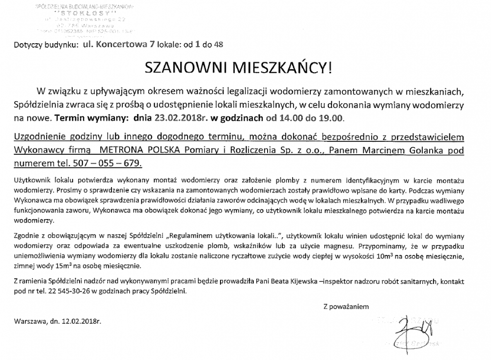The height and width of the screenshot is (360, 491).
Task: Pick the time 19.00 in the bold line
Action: (x=333, y=118)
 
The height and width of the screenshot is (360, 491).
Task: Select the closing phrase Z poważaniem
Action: (x=346, y=306)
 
